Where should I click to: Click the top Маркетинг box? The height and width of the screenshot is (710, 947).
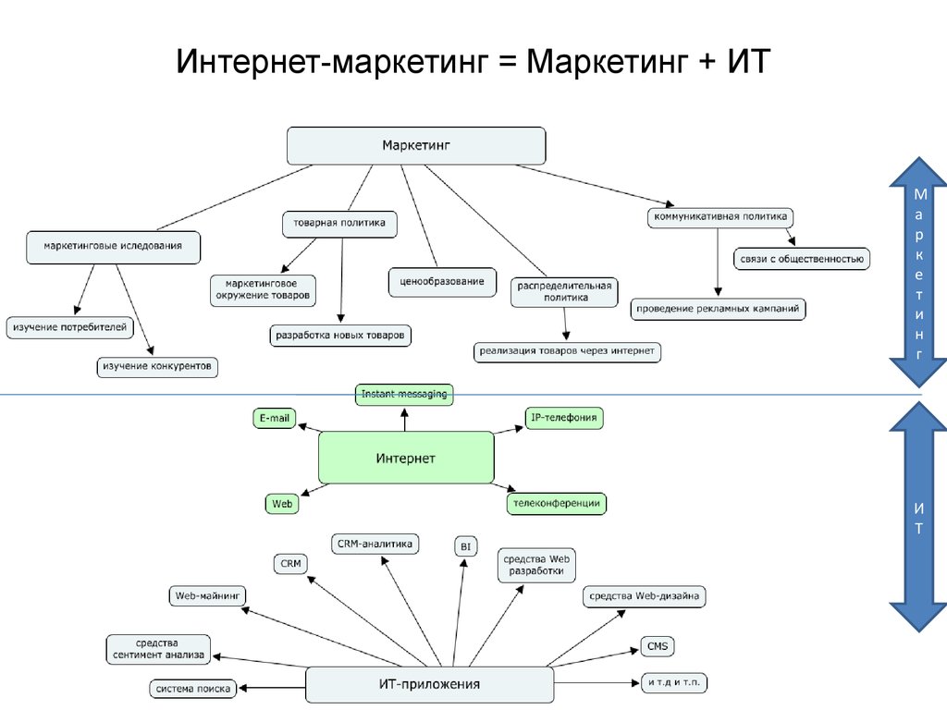(x=416, y=146)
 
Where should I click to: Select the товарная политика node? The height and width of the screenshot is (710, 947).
(x=339, y=224)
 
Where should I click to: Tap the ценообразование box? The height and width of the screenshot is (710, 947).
(x=441, y=281)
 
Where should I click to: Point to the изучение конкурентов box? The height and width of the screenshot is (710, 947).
(x=158, y=367)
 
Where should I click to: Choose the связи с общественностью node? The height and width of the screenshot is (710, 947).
(x=802, y=260)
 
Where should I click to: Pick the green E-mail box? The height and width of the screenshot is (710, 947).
(x=274, y=419)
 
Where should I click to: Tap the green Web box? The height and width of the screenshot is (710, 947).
(x=282, y=504)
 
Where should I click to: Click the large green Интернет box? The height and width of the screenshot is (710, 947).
(x=406, y=458)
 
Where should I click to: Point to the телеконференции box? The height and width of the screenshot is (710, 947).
(x=556, y=504)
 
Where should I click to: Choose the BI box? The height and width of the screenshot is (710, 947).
(x=465, y=546)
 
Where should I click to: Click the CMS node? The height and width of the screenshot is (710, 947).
(x=658, y=646)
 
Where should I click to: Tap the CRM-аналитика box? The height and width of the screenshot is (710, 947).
(x=375, y=544)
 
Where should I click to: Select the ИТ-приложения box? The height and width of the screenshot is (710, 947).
(x=429, y=685)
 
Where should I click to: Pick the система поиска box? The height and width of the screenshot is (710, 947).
(x=193, y=689)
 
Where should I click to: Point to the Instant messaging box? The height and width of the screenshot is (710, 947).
(x=404, y=395)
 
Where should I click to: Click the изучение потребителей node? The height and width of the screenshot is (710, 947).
(x=70, y=326)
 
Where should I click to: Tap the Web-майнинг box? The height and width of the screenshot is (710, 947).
(x=207, y=596)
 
